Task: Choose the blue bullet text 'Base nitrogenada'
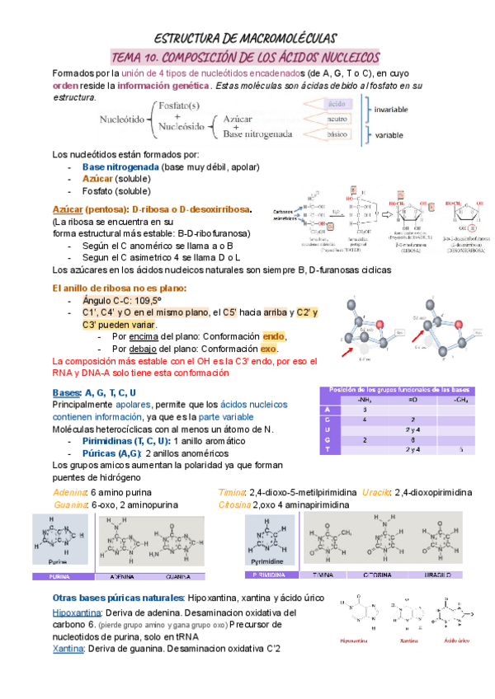121,167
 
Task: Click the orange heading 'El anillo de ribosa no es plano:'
119,289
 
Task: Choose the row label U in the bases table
328,429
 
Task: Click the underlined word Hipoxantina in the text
76,613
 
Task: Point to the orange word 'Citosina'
234,504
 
